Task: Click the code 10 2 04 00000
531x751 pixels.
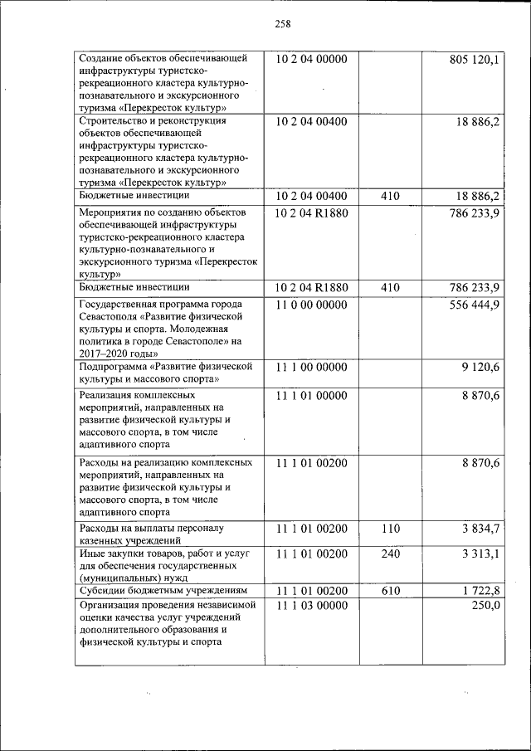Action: tap(311, 60)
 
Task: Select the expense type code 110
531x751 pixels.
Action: tap(390, 529)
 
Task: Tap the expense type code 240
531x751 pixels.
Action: tap(390, 553)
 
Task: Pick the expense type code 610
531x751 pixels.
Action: tap(390, 591)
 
